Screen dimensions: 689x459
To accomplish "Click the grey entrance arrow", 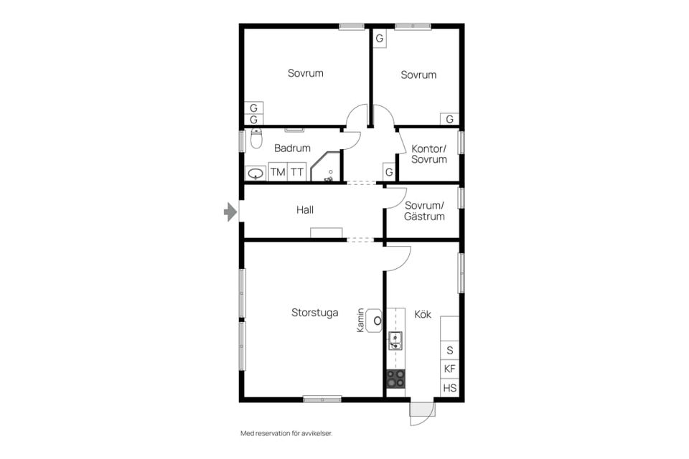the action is pyautogui.click(x=230, y=212).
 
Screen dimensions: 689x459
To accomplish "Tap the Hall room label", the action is pyautogui.click(x=305, y=210).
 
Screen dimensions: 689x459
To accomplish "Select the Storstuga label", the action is pyautogui.click(x=314, y=313).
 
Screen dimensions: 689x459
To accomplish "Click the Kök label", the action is pyautogui.click(x=423, y=314).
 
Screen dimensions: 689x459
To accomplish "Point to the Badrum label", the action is pyautogui.click(x=292, y=148).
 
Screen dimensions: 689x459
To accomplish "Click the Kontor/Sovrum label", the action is pyautogui.click(x=429, y=153).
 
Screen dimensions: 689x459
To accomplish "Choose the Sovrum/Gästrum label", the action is pyautogui.click(x=424, y=211).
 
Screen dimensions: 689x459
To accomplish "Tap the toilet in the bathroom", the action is pyautogui.click(x=256, y=138).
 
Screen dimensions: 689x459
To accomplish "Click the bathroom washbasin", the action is pyautogui.click(x=256, y=174).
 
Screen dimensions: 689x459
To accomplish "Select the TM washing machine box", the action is pyautogui.click(x=278, y=172).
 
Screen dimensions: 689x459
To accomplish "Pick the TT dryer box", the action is pyautogui.click(x=296, y=172).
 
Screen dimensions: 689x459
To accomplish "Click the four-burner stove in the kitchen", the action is pyautogui.click(x=395, y=379).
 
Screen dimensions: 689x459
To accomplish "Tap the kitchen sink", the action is pyautogui.click(x=395, y=341).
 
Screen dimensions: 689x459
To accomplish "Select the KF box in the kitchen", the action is pyautogui.click(x=449, y=369).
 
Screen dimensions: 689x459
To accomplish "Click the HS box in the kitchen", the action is pyautogui.click(x=449, y=388).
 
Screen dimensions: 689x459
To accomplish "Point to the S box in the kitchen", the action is pyautogui.click(x=449, y=350).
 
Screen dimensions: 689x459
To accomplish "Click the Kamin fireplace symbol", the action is pyautogui.click(x=375, y=321).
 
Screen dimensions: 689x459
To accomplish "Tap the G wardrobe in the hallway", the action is pyautogui.click(x=389, y=172).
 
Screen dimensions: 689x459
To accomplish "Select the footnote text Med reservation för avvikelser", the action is pyautogui.click(x=286, y=433).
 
